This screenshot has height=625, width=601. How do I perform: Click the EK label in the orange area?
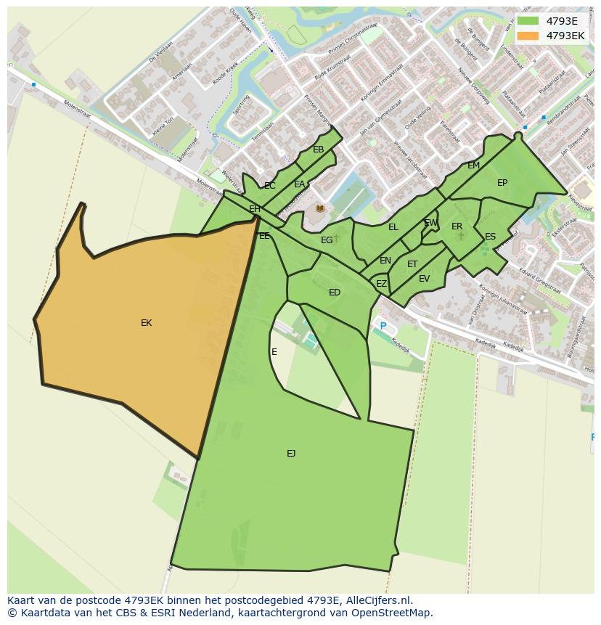146,323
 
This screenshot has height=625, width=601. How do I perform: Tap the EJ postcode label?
291,454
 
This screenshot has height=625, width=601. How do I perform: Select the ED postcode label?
335,293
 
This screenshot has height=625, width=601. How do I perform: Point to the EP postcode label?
502,183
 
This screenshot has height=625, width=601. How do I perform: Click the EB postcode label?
318,150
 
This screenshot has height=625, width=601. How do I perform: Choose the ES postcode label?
490,237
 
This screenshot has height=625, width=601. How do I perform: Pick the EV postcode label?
424,279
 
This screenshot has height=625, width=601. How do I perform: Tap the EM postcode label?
473,166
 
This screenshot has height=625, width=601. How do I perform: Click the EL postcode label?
393,227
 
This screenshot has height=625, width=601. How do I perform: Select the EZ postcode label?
381,284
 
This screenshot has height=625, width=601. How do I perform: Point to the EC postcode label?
270,186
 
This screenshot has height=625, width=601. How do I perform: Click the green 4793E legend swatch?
528,21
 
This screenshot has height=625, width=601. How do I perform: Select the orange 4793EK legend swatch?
528,36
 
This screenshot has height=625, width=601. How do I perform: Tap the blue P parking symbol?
383,327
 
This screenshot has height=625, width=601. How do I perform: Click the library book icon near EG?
319,208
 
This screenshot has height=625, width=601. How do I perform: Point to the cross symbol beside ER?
461,236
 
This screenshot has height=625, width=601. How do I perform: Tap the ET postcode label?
412,264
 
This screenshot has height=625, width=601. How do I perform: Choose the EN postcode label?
385,261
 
